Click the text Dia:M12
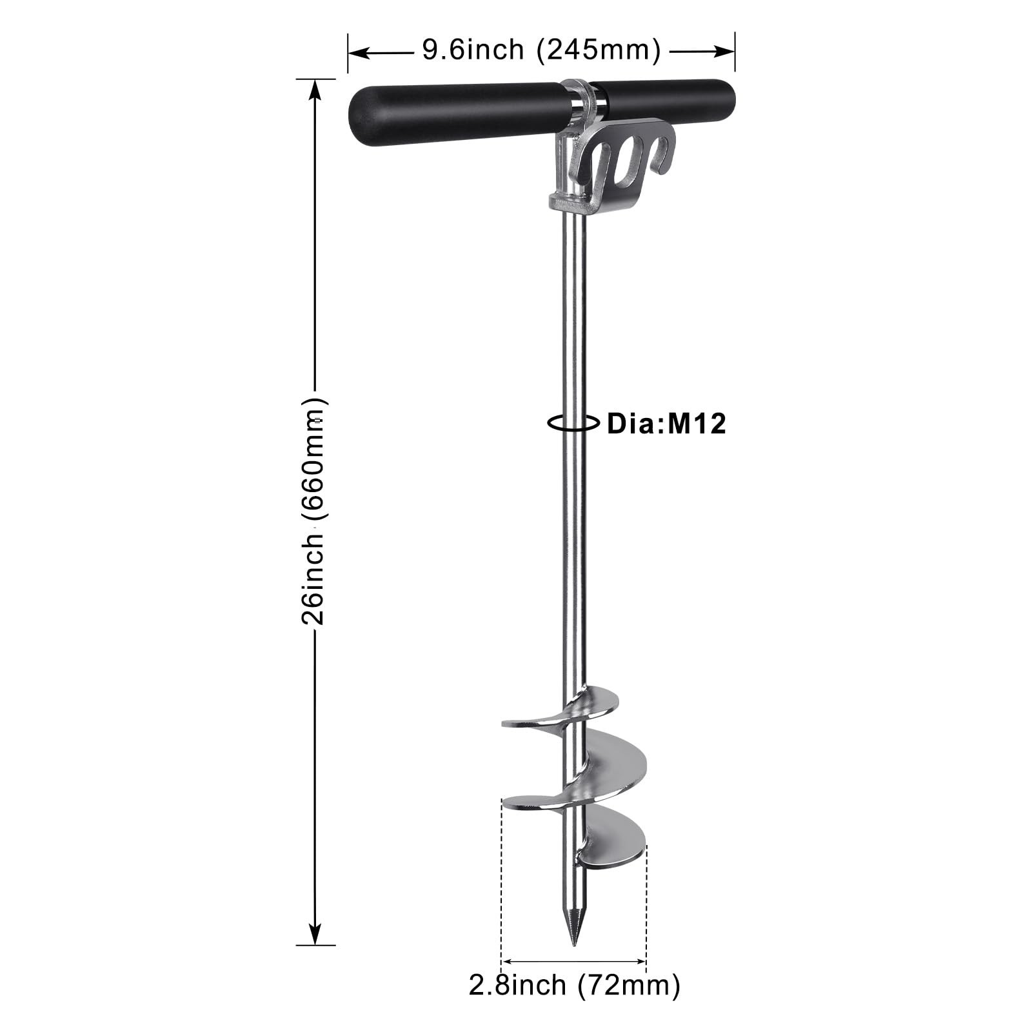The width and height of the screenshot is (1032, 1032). coord(667,424)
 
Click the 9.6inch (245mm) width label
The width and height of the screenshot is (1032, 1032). coord(541,50)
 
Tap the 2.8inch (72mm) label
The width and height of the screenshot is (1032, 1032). coord(574,985)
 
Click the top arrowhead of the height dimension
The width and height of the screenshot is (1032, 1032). coord(315,90)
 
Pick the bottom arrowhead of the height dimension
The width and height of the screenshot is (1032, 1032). coord(315,935)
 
